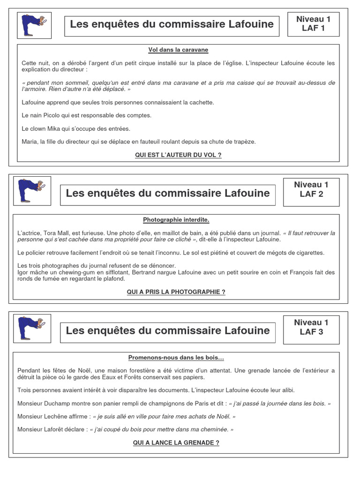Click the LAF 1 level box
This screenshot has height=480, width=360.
click(x=313, y=24)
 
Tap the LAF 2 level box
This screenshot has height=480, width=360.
click(x=311, y=189)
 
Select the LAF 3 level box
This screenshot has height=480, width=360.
click(x=311, y=327)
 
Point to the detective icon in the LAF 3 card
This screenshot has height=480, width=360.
click(x=32, y=328)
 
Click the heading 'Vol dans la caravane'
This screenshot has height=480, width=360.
click(x=178, y=50)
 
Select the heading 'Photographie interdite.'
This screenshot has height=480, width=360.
click(x=176, y=220)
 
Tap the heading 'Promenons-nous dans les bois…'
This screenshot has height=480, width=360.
click(x=176, y=358)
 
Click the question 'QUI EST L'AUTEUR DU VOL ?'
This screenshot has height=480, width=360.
click(x=178, y=155)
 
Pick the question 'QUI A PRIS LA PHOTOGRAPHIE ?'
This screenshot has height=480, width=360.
click(x=176, y=292)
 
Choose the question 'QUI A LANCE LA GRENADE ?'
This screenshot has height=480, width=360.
click(x=176, y=442)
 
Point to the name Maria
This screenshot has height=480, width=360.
click(x=30, y=142)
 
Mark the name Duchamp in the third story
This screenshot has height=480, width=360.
click(x=58, y=403)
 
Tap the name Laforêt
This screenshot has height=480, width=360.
click(x=59, y=429)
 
